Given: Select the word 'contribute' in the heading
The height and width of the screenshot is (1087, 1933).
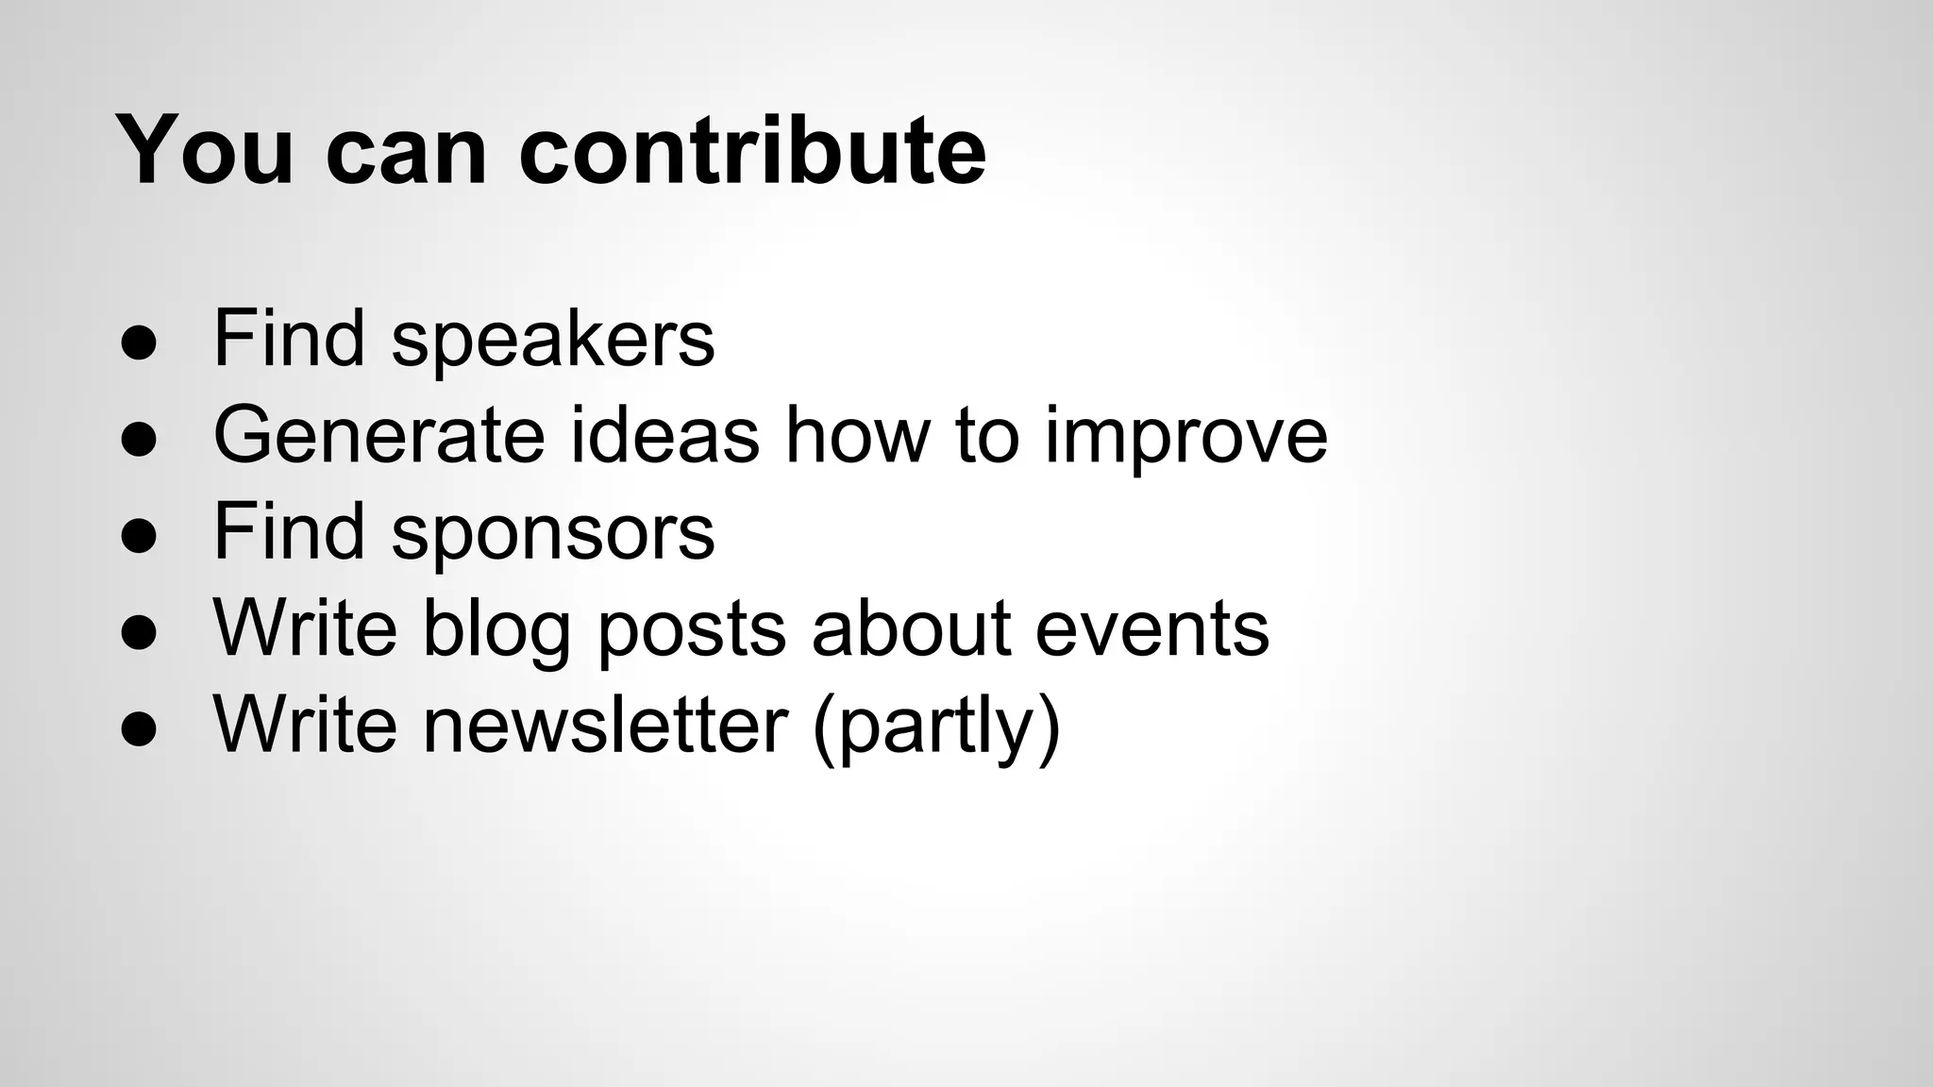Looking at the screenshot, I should click(752, 151).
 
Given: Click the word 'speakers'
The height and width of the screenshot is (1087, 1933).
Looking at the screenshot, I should click(553, 340).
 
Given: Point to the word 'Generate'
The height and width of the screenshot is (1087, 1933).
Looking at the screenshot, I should click(379, 435).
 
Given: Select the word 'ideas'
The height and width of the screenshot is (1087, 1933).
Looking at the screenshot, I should click(665, 435).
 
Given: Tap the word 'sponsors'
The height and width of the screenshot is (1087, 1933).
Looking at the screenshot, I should click(553, 533).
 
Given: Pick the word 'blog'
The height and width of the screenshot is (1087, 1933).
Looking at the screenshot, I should click(496, 629).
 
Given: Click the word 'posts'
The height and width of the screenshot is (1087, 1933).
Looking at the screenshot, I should click(692, 629).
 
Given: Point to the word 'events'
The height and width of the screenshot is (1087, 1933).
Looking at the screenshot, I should click(1151, 629).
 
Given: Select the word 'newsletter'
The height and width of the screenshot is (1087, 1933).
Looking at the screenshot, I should click(605, 725).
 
